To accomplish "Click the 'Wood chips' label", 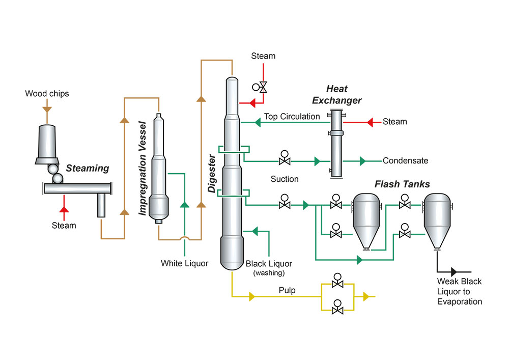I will coord(47,94).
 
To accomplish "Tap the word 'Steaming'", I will coord(88,168).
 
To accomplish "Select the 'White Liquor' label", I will coord(185,263).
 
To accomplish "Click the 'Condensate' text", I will coord(406,161).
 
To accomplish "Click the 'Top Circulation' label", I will coord(292,117).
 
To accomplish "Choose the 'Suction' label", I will coord(285,179).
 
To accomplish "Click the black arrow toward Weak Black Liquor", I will coord(454,272).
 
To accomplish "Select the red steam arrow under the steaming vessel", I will coord(64,209).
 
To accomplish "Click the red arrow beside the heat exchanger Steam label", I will coord(371,122).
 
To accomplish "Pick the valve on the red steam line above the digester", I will coord(263,87).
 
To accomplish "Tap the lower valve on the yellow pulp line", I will coord(336,307).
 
